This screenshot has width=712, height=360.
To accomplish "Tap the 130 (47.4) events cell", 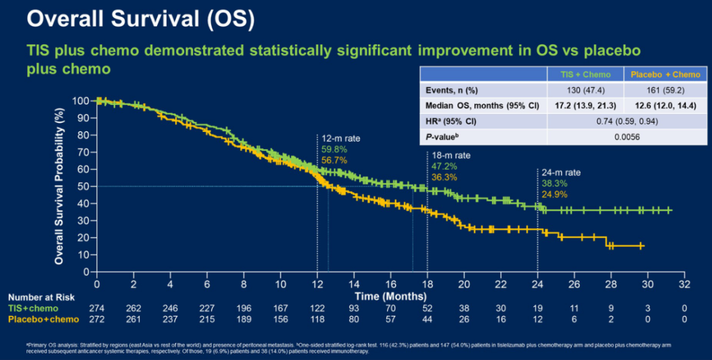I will point(581,90).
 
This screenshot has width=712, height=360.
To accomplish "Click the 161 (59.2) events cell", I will point(654,90).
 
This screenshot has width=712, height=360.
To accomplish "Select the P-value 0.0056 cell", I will point(617,137).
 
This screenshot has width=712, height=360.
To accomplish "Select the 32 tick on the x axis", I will point(685,284).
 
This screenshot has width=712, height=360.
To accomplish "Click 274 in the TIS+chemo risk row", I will point(97,308).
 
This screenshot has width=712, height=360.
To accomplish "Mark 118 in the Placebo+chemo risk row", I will point(318,319).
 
